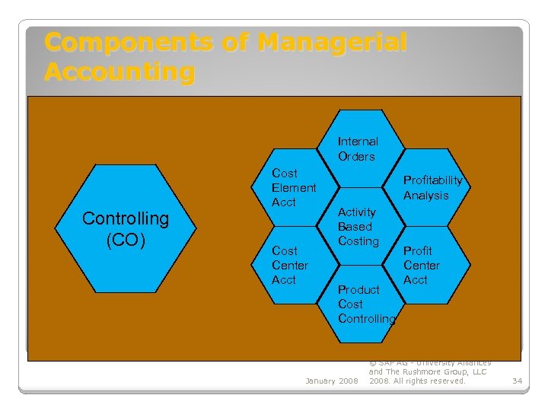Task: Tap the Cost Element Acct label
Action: [294, 188]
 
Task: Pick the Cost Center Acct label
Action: [290, 265]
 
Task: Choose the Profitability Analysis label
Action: [432, 188]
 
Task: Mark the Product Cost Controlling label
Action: [366, 304]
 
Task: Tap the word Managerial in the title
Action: [332, 42]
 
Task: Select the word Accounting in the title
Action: [119, 72]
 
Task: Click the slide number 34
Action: [518, 381]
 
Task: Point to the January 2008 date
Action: [331, 381]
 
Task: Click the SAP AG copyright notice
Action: [429, 371]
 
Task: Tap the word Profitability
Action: [432, 180]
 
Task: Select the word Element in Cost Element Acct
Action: [294, 188]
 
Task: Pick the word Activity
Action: [356, 212]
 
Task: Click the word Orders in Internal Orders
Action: [356, 157]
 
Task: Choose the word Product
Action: [358, 290]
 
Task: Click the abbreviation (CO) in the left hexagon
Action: [126, 240]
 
